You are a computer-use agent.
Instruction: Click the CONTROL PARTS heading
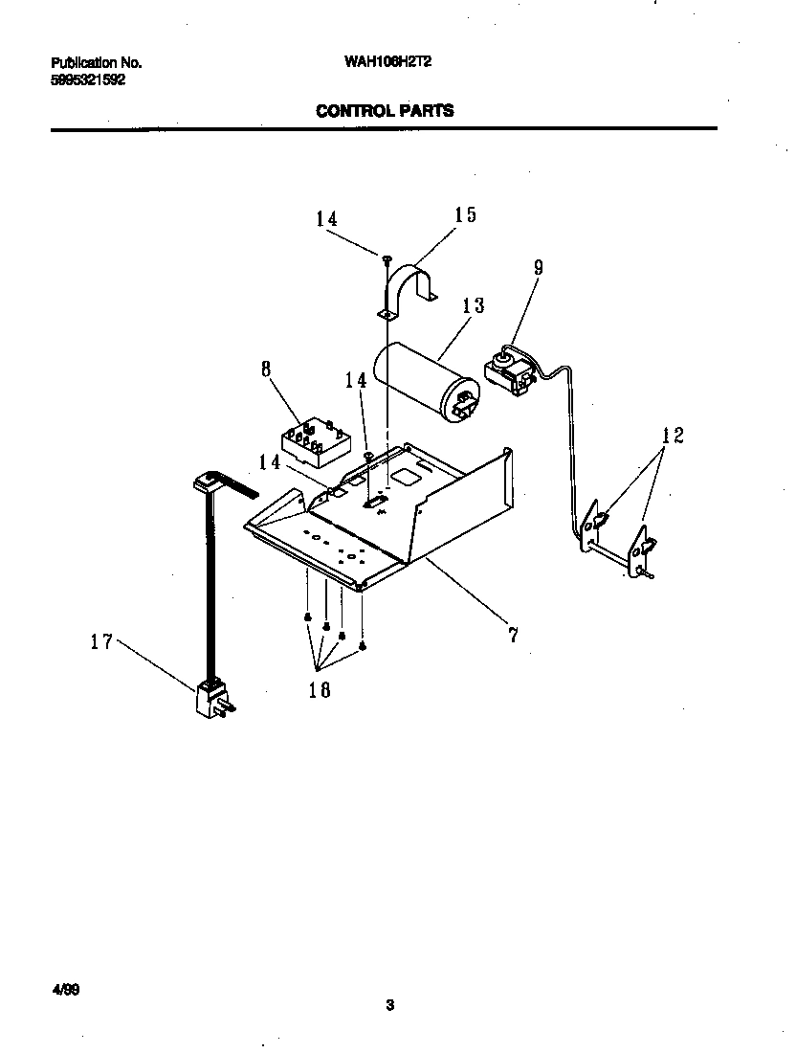[385, 111]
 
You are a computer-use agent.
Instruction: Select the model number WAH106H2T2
[384, 63]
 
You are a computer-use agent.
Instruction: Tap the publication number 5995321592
[87, 79]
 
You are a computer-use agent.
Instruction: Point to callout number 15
[465, 215]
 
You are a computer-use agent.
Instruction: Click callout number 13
[473, 305]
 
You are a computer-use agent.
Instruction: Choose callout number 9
[538, 268]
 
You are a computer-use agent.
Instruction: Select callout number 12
[673, 436]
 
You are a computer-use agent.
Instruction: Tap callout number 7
[513, 634]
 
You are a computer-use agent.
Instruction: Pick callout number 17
[101, 642]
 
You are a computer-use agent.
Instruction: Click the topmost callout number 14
[326, 219]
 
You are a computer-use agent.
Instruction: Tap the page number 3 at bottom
[389, 1005]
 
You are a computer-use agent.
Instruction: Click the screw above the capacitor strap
[387, 258]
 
